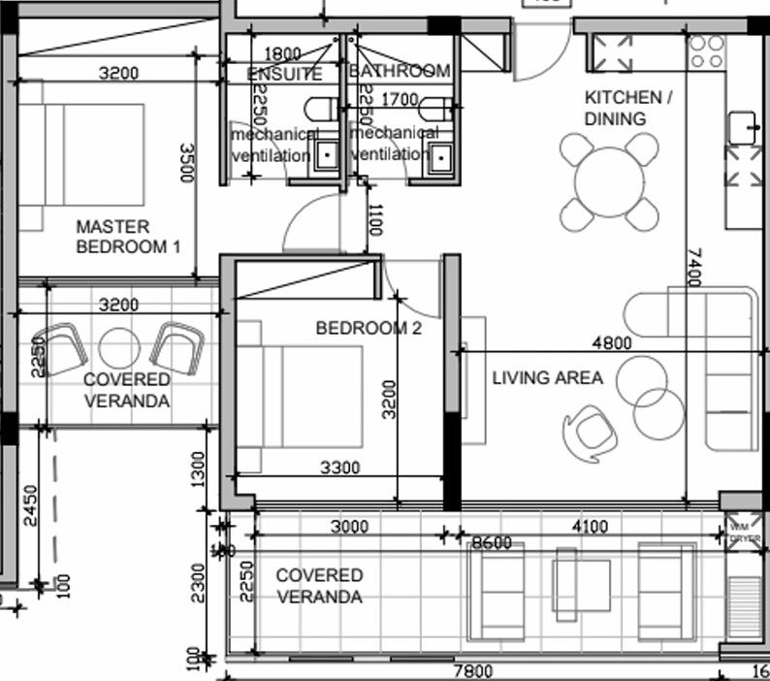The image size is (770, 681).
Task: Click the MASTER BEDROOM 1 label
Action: coord(128,237)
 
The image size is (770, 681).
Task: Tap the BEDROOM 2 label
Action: coord(369,329)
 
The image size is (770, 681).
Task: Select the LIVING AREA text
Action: coord(547,377)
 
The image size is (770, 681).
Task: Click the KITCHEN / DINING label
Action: coord(627,109)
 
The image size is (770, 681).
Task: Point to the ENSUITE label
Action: coord(284,74)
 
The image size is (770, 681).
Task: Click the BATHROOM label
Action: coord(399,72)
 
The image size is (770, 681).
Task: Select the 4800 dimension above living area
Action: coord(611,342)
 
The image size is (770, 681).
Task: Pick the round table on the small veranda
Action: coord(120,347)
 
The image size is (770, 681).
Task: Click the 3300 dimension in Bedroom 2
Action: coord(339,468)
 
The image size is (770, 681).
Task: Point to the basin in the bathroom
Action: coord(442,155)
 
